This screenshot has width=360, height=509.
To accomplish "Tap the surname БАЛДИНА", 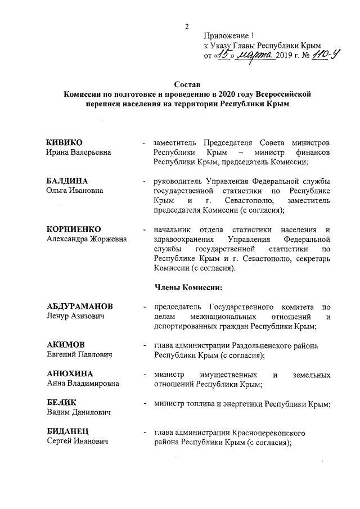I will point(67,181).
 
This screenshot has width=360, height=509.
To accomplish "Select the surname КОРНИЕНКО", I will point(73,229).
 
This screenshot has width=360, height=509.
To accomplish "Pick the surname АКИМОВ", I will point(65,344).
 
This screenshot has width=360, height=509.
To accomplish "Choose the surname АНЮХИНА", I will point(69,374).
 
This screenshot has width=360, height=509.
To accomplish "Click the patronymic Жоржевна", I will point(107,239).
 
